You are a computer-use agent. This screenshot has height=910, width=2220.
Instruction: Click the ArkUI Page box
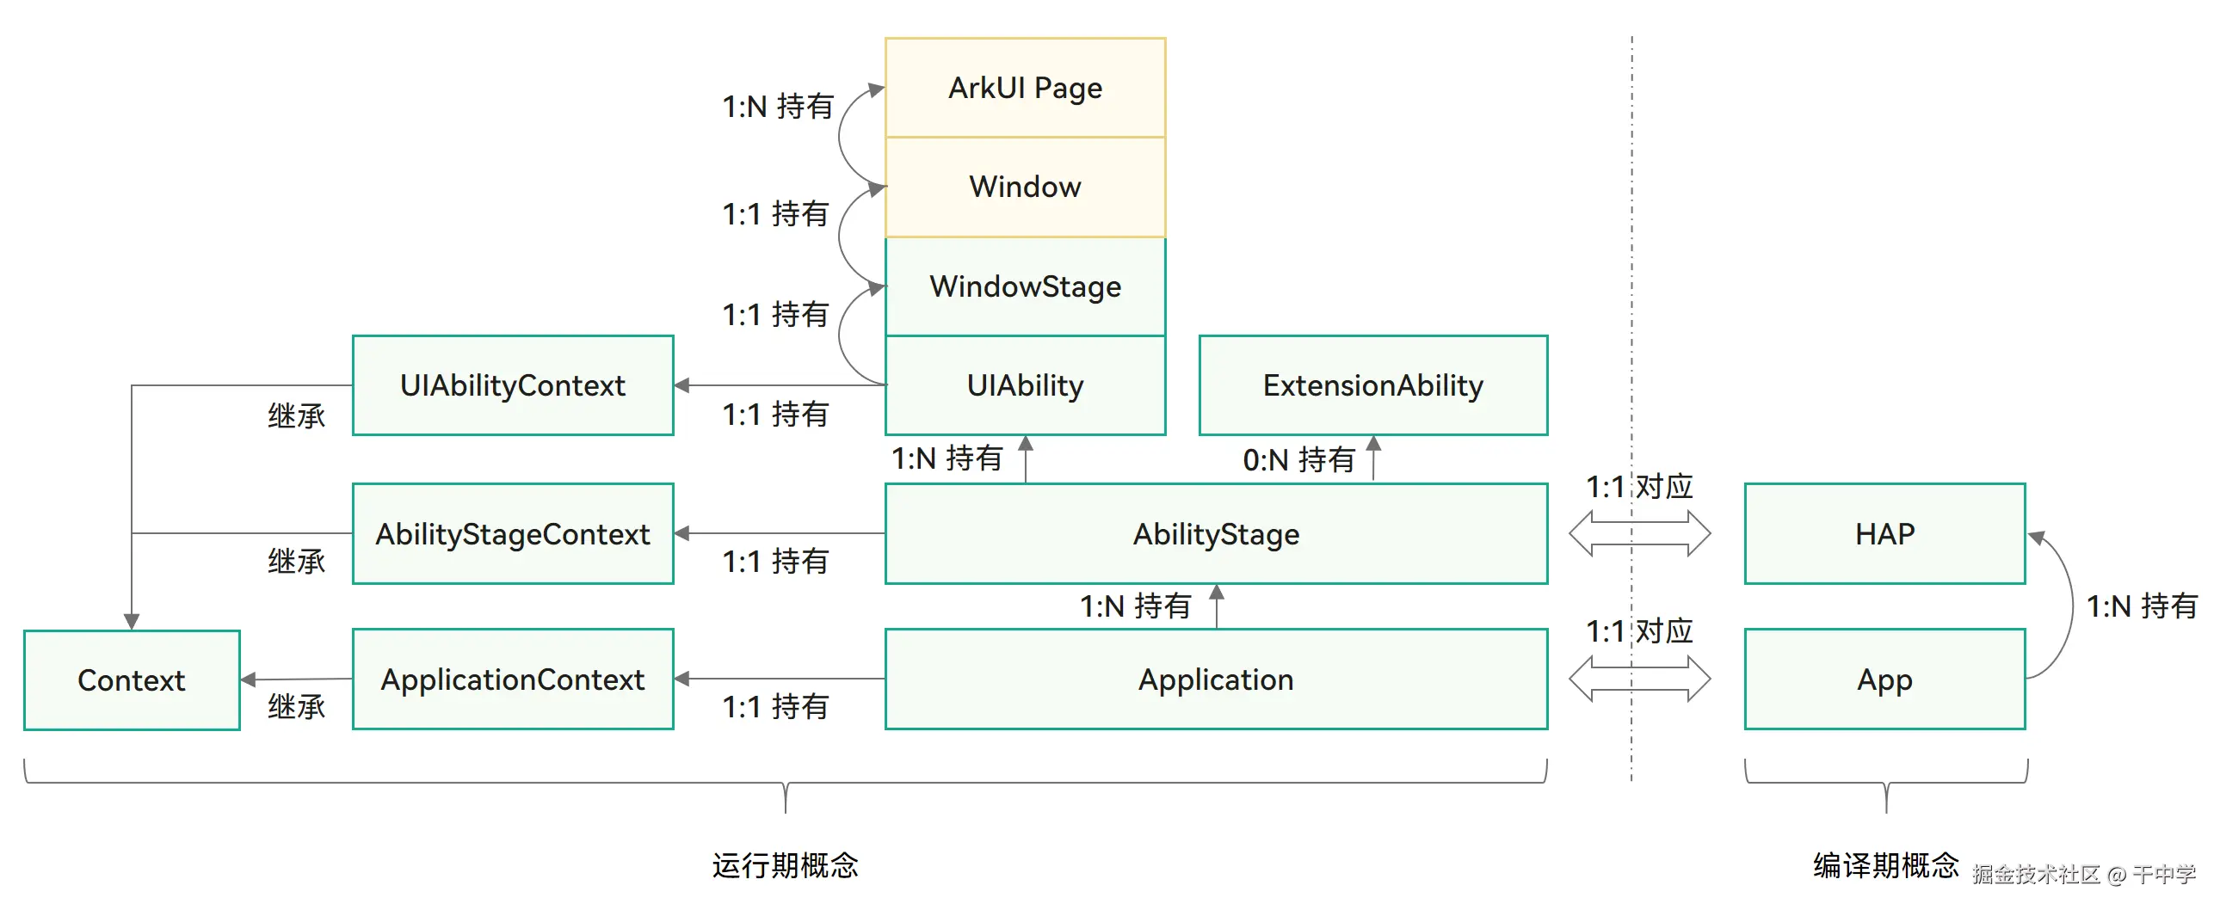1025,88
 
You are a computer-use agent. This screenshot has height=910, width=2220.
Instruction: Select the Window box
1025,187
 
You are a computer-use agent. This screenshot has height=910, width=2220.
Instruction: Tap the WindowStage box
1025,286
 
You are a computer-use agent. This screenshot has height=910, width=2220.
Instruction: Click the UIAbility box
1025,385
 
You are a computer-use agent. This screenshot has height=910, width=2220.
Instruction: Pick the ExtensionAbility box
1372,385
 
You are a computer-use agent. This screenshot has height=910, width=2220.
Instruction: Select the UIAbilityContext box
513,385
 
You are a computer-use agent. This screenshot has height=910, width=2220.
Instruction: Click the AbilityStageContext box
513,534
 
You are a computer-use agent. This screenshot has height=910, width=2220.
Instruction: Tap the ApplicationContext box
513,679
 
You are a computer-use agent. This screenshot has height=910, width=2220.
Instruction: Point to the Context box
132,680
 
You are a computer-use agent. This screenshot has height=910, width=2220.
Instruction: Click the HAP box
1884,534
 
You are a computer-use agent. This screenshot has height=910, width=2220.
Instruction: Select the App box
1884,679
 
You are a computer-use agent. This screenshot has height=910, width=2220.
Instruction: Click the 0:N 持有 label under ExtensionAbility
1298,460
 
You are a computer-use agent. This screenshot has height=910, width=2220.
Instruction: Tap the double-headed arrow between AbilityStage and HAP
1639,533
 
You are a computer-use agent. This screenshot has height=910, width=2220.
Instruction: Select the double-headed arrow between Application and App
1639,679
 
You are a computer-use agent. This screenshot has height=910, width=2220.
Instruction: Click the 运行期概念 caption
785,865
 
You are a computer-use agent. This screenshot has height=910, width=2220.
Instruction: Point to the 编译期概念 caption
1885,865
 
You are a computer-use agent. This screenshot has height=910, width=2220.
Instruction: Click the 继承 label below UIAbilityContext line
296,416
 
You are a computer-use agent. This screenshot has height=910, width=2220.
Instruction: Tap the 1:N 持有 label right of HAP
2141,606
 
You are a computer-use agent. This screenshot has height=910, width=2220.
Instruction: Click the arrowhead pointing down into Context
132,621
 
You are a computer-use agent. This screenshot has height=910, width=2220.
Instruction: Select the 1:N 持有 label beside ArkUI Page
777,107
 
